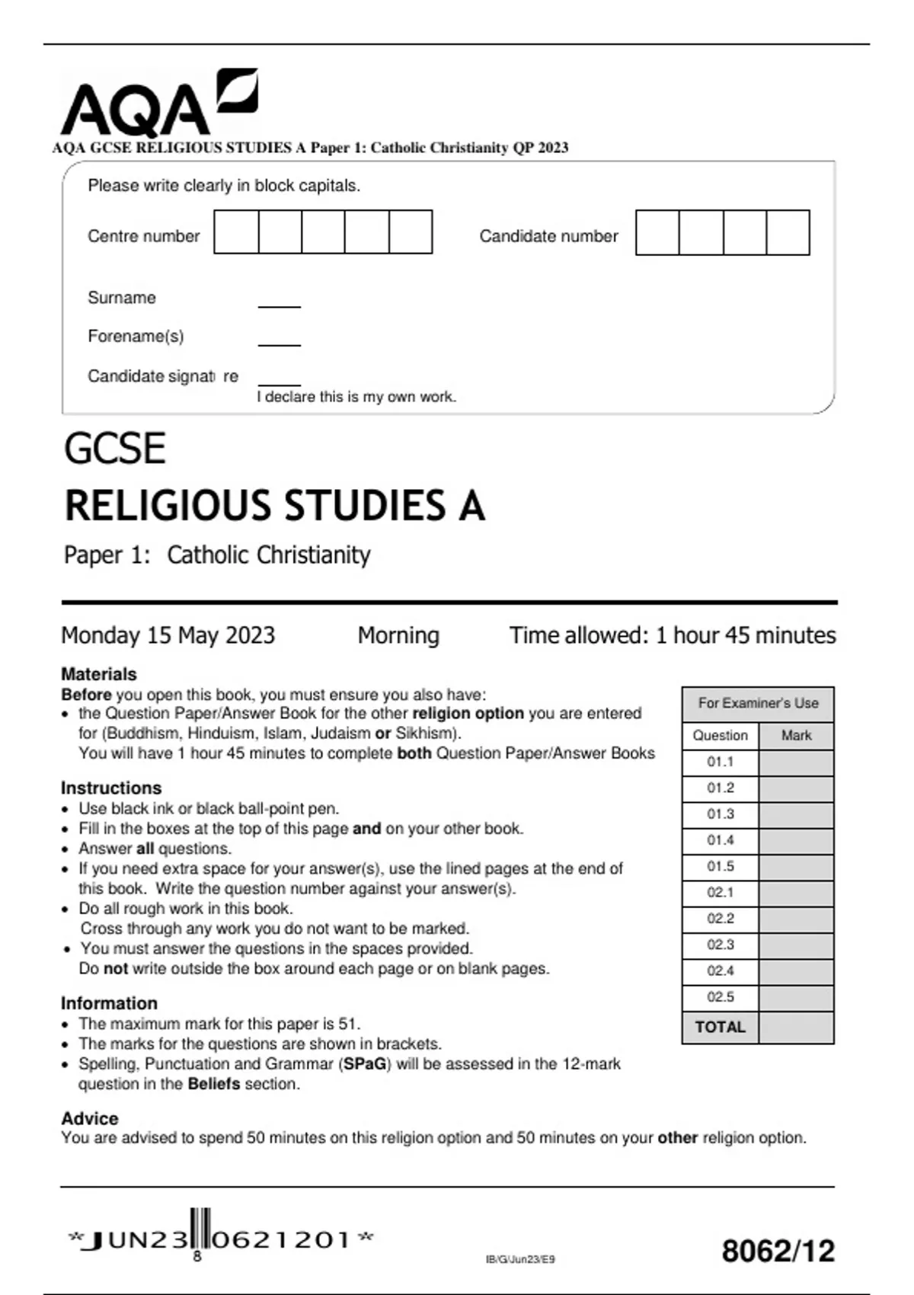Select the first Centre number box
coord(236,232)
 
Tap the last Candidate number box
coord(788,232)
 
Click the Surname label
coord(122,298)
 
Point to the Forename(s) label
coord(136,336)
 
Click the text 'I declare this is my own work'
coord(356,397)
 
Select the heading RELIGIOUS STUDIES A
coord(274,506)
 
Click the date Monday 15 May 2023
coord(168,635)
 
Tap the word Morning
coord(398,635)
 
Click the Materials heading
coord(99,674)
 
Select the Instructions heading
coord(111,788)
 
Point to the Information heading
coord(109,1003)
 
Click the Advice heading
coord(90,1118)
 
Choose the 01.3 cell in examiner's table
coord(720,814)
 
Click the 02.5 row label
coord(720,997)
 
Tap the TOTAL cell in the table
coord(720,1027)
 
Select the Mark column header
coord(796,736)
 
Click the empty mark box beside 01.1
coord(796,762)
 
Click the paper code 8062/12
coord(778,1252)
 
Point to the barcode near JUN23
coord(200,1230)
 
